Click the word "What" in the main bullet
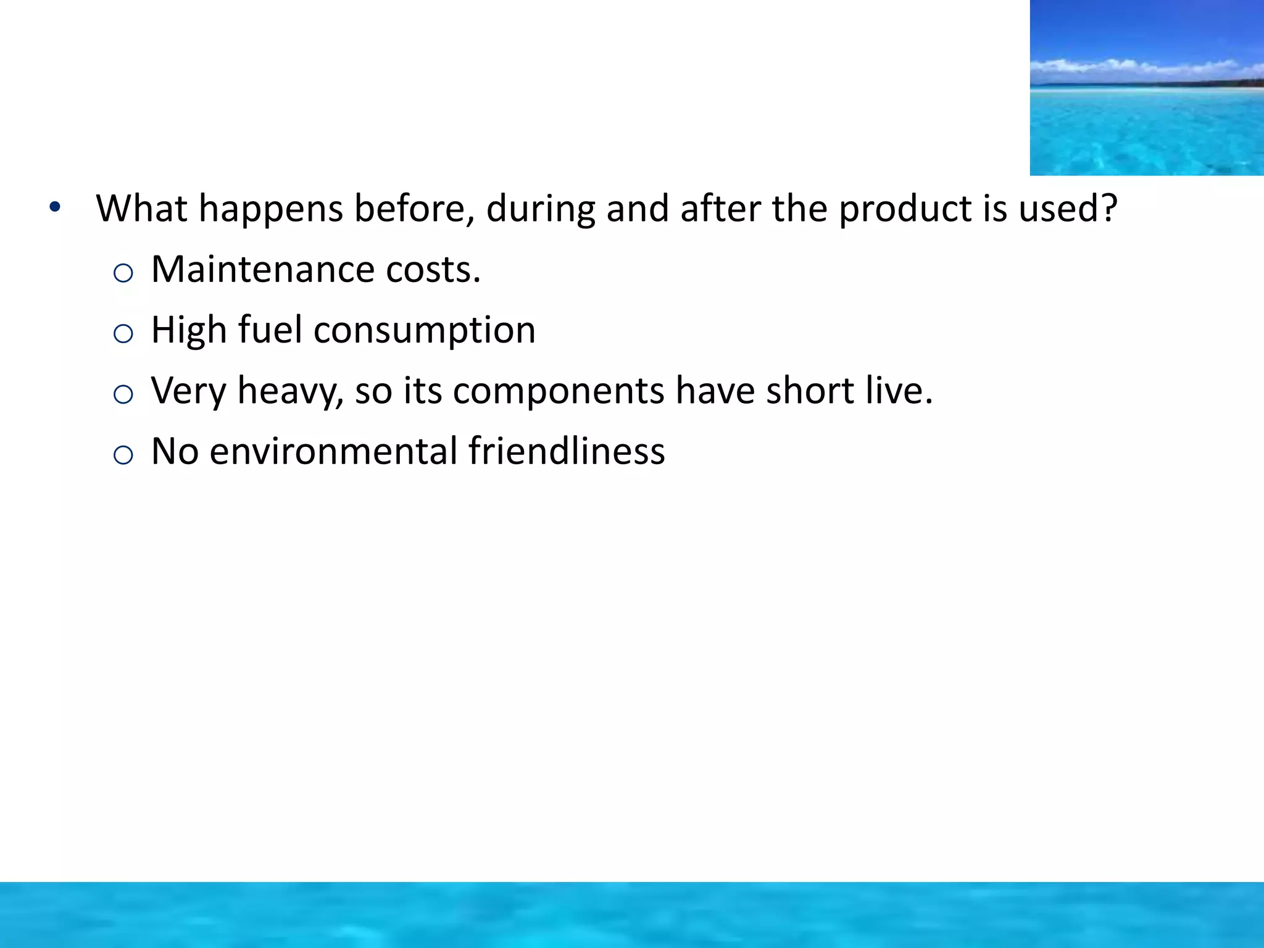point(141,209)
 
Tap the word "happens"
point(270,209)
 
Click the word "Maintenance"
point(262,270)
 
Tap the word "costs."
point(433,270)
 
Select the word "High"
point(189,330)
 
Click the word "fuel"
point(270,330)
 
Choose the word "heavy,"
point(290,391)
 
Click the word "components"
point(559,391)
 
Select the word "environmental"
point(333,451)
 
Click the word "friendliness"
point(567,451)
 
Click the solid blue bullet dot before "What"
point(55,207)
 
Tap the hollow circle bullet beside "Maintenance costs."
point(123,273)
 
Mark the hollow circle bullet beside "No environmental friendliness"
point(123,455)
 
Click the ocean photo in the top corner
point(1147,88)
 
